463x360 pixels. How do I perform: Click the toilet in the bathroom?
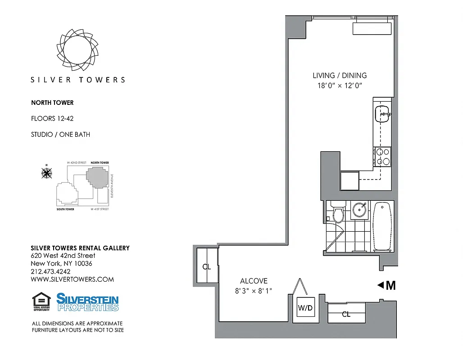point(337,212)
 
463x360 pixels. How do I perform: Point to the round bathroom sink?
point(359,210)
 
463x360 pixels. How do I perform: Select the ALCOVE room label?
point(254,281)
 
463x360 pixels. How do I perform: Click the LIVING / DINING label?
point(340,76)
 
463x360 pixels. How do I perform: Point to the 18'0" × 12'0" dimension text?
point(340,85)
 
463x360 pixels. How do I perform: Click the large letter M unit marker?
point(390,285)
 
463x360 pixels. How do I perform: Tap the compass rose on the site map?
point(46,172)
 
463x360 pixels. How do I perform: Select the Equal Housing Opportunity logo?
point(41,302)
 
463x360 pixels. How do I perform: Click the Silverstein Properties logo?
point(87,302)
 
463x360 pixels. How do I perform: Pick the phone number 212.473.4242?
point(50,271)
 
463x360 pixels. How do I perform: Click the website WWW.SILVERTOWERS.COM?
point(72,279)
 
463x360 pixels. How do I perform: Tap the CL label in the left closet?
point(206,267)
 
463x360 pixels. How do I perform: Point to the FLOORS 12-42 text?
point(52,118)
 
